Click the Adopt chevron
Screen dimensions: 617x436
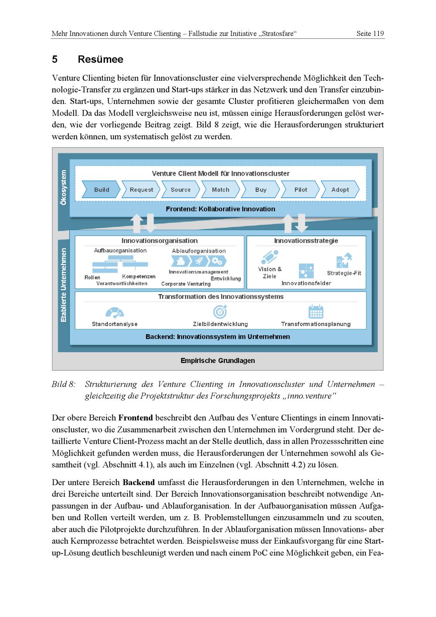pyautogui.click(x=340, y=190)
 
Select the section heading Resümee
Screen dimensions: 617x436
pyautogui.click(x=100, y=59)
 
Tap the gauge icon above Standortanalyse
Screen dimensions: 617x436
pyautogui.click(x=115, y=312)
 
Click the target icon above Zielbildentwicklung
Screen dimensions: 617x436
pyautogui.click(x=220, y=312)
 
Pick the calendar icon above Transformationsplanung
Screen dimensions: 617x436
pyautogui.click(x=316, y=312)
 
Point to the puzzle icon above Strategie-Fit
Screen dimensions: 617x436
pyautogui.click(x=344, y=261)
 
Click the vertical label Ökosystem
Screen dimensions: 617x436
pyautogui.click(x=64, y=188)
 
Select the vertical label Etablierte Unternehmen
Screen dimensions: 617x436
pyautogui.click(x=64, y=285)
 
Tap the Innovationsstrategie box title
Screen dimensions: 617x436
pyautogui.click(x=306, y=241)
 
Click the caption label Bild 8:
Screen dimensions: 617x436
pyautogui.click(x=64, y=384)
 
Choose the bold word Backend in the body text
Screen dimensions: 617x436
pyautogui.click(x=139, y=483)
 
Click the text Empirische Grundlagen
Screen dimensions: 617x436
pyautogui.click(x=218, y=361)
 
